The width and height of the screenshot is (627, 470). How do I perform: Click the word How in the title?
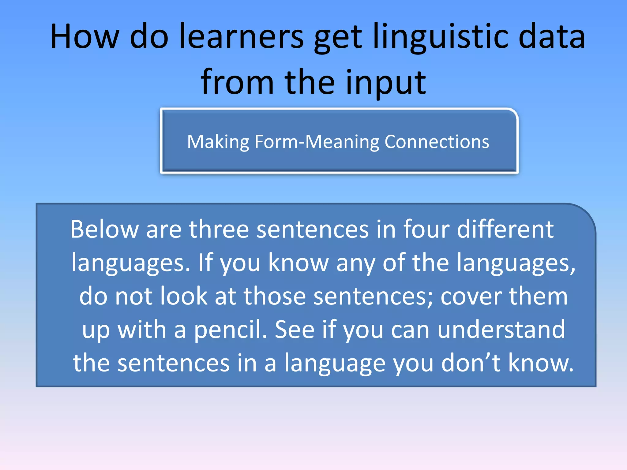pos(84,37)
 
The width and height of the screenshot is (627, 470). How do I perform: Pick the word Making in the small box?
pos(218,142)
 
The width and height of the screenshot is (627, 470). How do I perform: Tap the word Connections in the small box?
pos(437,142)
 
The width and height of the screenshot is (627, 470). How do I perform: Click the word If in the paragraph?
pos(205,263)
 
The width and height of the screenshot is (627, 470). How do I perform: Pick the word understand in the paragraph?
pos(501,330)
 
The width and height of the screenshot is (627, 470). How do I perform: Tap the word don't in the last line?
pos(471,363)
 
